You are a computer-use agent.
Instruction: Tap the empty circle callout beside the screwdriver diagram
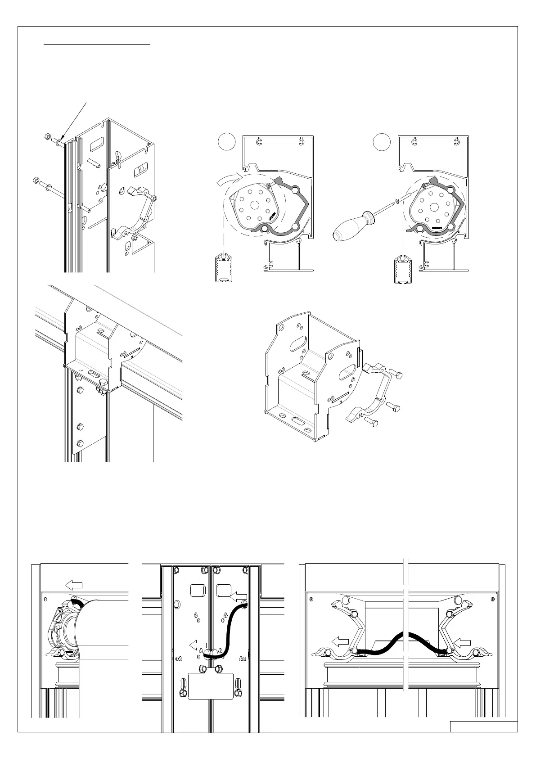(382, 141)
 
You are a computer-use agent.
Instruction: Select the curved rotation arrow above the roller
(229, 179)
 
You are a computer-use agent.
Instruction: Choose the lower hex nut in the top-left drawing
(36, 181)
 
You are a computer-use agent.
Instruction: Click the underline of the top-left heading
(97, 45)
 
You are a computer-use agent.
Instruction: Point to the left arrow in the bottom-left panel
(74, 585)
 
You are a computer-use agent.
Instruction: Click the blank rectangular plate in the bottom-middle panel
(211, 686)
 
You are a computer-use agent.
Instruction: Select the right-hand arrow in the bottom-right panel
(463, 642)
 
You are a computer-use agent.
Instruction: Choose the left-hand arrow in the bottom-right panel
(340, 641)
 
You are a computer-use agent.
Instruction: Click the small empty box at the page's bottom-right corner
(483, 726)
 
